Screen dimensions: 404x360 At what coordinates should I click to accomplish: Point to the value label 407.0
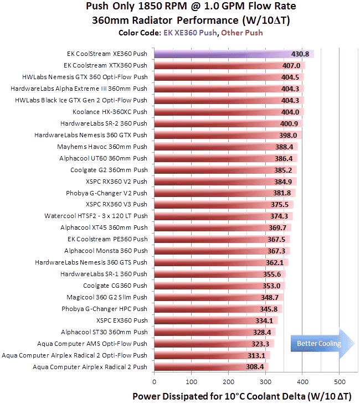pos(291,65)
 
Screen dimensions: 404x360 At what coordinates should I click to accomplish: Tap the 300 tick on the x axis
pos(265,381)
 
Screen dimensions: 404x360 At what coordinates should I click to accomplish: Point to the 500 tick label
pos(340,381)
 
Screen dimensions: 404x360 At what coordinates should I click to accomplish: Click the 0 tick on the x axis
pos(154,381)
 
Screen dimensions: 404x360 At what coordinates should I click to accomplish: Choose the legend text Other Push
pos(242,33)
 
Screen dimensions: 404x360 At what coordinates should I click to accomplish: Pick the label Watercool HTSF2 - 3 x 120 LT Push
pos(96,216)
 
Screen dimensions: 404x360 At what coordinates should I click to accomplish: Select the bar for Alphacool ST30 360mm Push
pos(210,332)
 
